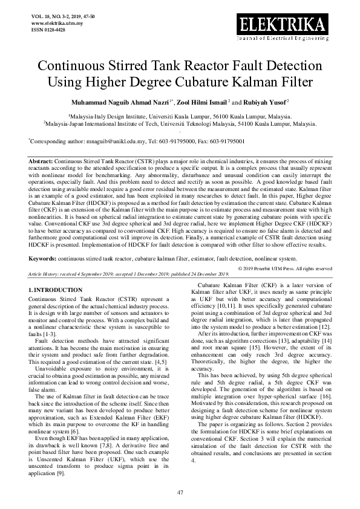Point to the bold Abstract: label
(41, 162)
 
